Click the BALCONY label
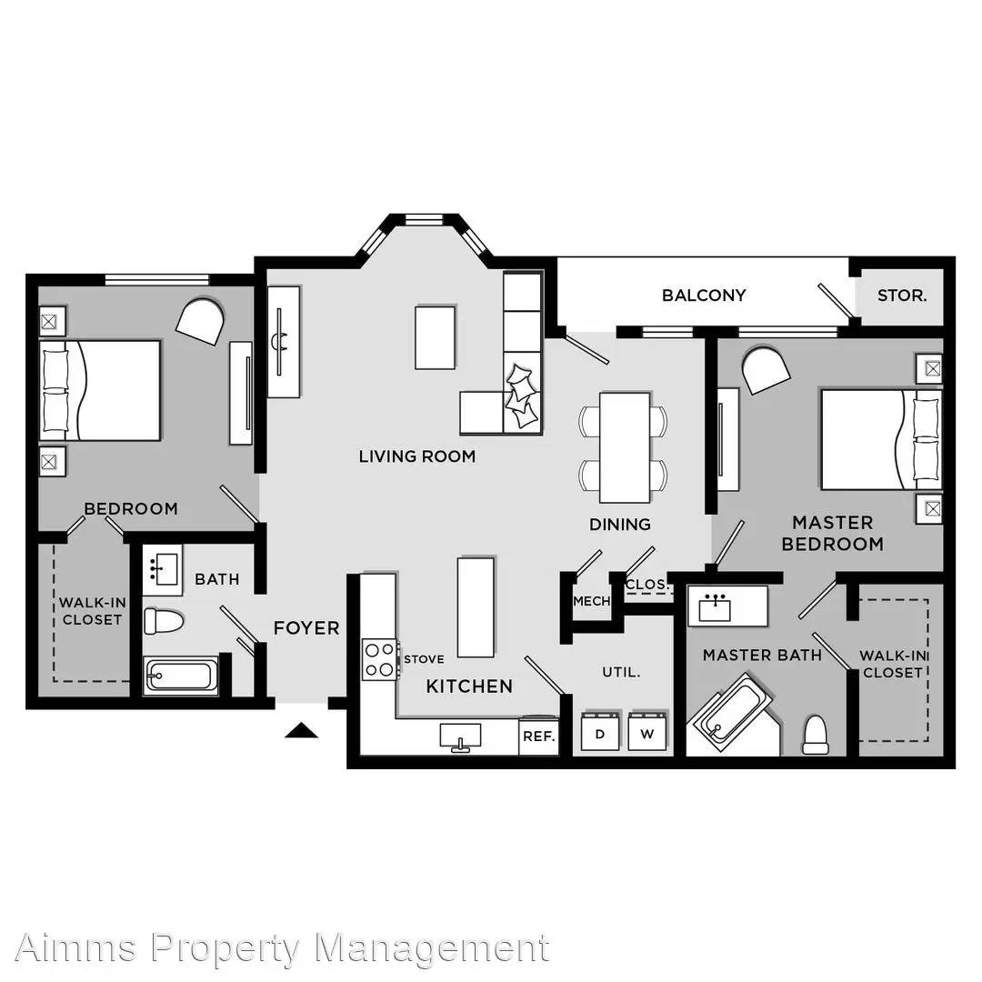point(704,295)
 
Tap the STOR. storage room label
point(902,296)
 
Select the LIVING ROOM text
point(417,456)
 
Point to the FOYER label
point(306,627)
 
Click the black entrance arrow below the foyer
point(301,730)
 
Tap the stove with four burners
point(380,659)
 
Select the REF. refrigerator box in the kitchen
point(538,736)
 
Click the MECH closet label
point(591,601)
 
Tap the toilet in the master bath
point(816,735)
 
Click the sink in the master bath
point(715,607)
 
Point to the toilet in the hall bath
point(164,621)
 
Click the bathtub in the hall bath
point(181,676)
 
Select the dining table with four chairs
point(625,447)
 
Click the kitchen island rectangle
point(476,606)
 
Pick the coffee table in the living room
point(435,337)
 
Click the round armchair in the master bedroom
point(766,369)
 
